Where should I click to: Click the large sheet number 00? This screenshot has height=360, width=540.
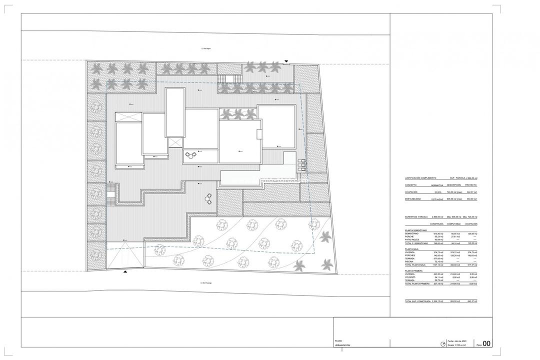486,343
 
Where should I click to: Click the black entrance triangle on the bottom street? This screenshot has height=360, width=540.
124,271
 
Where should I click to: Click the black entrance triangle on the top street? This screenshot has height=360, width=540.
285,61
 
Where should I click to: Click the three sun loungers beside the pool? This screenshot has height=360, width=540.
301,164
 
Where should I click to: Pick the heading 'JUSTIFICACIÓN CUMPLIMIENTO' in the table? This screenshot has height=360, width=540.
420,178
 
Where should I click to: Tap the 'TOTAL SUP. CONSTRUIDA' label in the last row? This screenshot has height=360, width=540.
418,301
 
